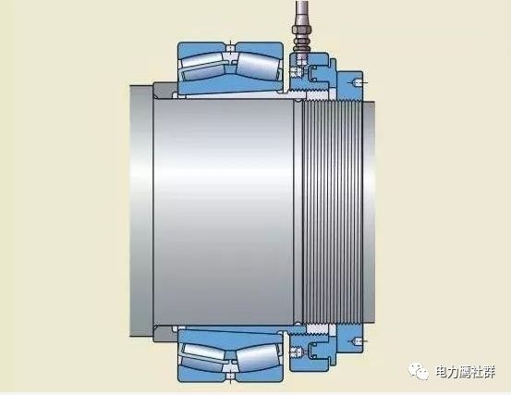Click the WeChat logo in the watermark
pos(419,371)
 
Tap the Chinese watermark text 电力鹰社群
pos(466,372)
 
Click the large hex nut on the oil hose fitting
pos(302,31)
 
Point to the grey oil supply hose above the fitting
pos(302,13)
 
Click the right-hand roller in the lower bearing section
pos(258,357)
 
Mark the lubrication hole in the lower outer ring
pos(230,377)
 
